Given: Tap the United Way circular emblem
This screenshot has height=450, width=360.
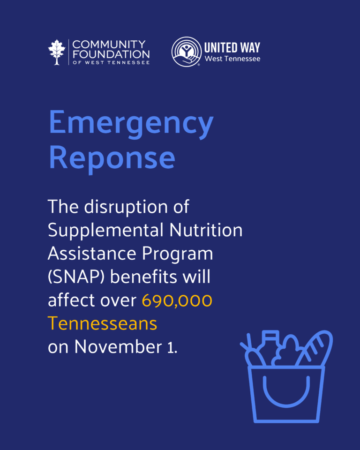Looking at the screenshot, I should (187, 52).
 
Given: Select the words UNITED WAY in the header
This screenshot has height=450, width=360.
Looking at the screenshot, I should (232, 47).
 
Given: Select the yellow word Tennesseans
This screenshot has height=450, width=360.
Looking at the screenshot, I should (102, 323).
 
